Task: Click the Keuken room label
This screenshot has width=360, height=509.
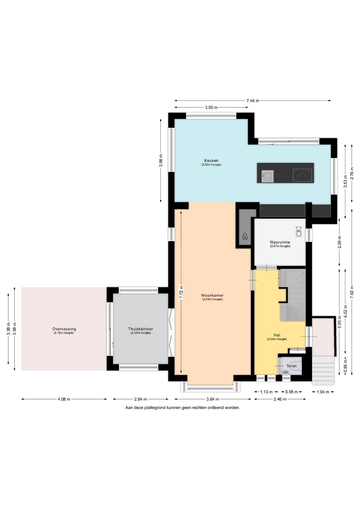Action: tap(211, 160)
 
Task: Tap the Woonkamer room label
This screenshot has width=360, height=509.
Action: tap(212, 296)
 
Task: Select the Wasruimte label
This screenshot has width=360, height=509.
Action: tap(280, 242)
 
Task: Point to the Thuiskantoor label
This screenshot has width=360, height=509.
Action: tap(140, 329)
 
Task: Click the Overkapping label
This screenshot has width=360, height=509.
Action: tap(64, 329)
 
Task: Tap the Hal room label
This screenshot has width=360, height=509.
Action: tap(277, 335)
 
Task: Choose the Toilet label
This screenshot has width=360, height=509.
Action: tap(291, 366)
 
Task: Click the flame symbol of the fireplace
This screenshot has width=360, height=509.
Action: tap(245, 236)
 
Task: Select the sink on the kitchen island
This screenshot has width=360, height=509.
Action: tap(267, 176)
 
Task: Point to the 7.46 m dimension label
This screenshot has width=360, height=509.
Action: tap(252, 101)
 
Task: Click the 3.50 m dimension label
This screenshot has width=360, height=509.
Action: tap(211, 107)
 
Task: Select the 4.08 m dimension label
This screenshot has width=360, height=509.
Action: tap(64, 399)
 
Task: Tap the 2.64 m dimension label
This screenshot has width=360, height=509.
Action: tap(140, 399)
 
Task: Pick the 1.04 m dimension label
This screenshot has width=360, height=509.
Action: tap(323, 392)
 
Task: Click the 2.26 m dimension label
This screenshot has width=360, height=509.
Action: tap(339, 242)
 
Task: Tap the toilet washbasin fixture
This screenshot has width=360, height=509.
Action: tap(285, 372)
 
